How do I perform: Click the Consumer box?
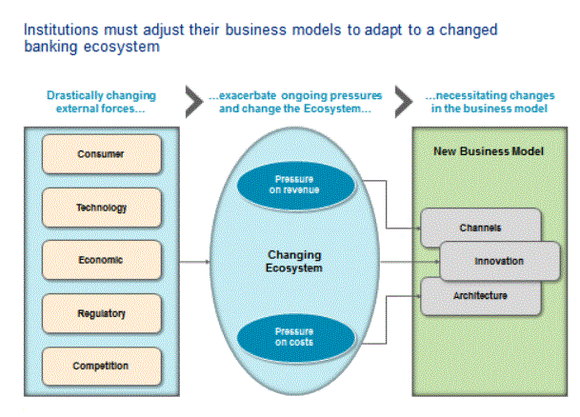101,153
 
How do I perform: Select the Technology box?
101,207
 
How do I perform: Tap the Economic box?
101,259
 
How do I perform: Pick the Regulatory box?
101,311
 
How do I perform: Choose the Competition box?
101,366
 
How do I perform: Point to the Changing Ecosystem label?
294,261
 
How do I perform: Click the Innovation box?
499,260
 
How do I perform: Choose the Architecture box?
479,296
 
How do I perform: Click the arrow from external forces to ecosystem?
195,259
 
